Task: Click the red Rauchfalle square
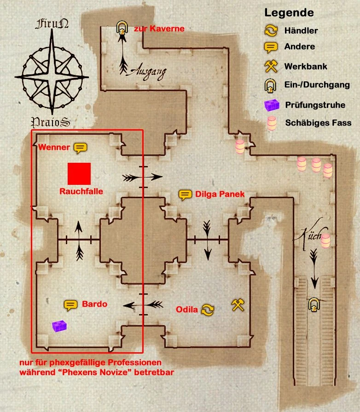pyautogui.click(x=79, y=174)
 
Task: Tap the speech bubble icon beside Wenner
pyautogui.click(x=80, y=148)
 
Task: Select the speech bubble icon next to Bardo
pyautogui.click(x=70, y=304)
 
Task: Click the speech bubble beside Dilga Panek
pyautogui.click(x=185, y=195)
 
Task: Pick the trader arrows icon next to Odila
pyautogui.click(x=208, y=309)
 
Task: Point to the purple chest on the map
pyautogui.click(x=59, y=326)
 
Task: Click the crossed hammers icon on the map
pyautogui.click(x=238, y=304)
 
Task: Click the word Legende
pyautogui.click(x=289, y=13)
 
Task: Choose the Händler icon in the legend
pyautogui.click(x=271, y=31)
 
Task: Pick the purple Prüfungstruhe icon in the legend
pyautogui.click(x=272, y=105)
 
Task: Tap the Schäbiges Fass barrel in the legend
pyautogui.click(x=272, y=123)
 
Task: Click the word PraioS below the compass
pyautogui.click(x=51, y=122)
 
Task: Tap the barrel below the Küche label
pyautogui.click(x=326, y=240)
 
